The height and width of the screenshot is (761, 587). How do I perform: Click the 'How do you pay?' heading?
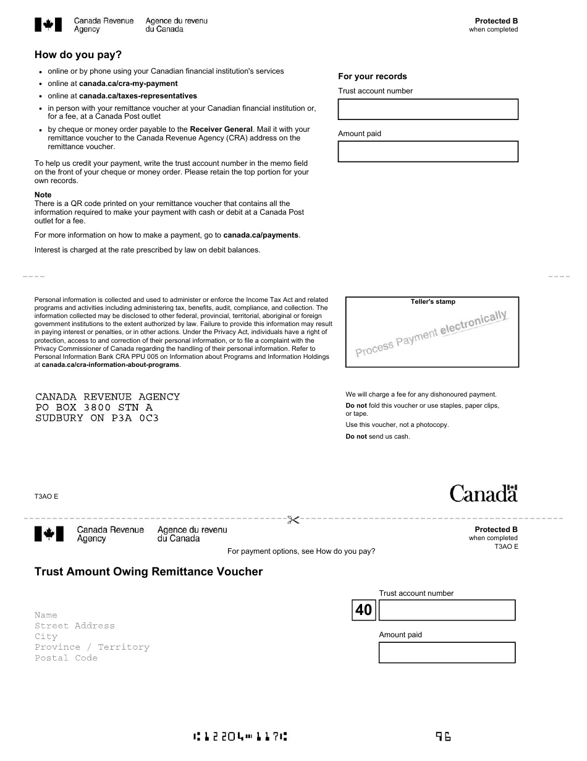(78, 55)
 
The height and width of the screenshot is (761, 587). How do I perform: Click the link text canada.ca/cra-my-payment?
(128, 84)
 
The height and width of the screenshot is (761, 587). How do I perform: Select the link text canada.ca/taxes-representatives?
(138, 96)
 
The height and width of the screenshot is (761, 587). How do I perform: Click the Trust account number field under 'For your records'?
(428, 110)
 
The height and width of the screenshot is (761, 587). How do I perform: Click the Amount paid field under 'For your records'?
(428, 152)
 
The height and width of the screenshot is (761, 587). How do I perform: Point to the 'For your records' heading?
(372, 77)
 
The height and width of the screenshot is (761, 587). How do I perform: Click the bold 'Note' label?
(43, 195)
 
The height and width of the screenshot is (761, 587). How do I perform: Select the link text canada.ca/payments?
(261, 235)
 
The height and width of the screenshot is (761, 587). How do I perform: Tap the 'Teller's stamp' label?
(433, 302)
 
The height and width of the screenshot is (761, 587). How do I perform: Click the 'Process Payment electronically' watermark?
(431, 334)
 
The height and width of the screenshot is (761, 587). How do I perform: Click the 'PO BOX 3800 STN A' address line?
(94, 408)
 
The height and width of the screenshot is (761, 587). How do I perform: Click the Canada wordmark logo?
(483, 493)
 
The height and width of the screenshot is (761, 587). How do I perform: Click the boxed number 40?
(364, 610)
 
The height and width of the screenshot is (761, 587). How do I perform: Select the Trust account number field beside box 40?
(446, 610)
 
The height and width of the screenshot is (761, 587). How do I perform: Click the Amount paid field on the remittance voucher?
(446, 652)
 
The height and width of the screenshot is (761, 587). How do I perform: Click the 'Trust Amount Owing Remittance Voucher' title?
(148, 572)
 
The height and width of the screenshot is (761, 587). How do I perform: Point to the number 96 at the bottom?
(443, 736)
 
